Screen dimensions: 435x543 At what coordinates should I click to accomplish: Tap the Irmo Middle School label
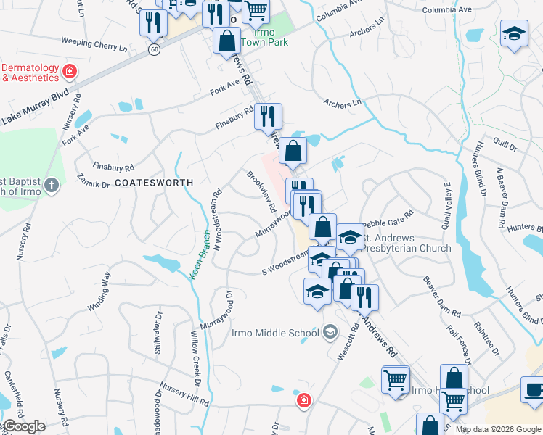click(x=275, y=333)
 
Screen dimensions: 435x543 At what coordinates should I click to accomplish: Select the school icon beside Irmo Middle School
click(x=330, y=333)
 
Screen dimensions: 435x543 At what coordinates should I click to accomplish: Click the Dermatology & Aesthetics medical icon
click(x=70, y=72)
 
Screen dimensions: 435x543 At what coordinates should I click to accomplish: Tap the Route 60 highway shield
click(x=154, y=49)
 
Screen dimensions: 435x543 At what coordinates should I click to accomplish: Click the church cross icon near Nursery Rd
click(x=51, y=186)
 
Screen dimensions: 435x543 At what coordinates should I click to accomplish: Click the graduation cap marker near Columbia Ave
click(x=513, y=33)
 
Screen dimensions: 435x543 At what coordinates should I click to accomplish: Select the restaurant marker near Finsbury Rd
click(x=268, y=116)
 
